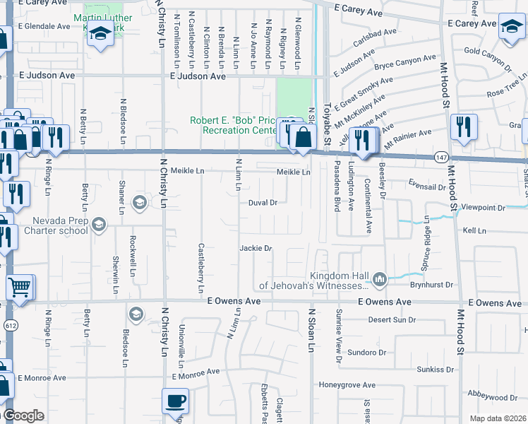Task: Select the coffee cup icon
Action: [x=175, y=401]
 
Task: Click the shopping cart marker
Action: [x=20, y=288]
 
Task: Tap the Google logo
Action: [x=23, y=416]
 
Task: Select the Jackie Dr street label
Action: [x=256, y=248]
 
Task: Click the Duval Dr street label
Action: [x=263, y=202]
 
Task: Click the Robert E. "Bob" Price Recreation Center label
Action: [x=232, y=125]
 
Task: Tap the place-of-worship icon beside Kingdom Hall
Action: [x=380, y=281]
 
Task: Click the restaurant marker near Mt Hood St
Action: [x=464, y=126]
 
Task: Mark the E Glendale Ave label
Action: [x=44, y=26]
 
